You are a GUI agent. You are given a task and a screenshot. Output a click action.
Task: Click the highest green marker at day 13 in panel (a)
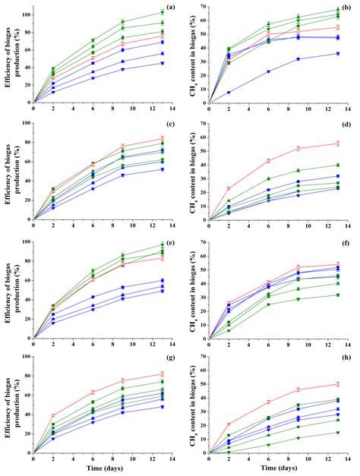point(162,12)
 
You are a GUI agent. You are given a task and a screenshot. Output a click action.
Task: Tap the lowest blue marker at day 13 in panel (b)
point(338,53)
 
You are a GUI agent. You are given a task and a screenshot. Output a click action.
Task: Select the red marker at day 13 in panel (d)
point(338,143)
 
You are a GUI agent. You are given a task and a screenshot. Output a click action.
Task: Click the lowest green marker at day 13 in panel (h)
point(338,433)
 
